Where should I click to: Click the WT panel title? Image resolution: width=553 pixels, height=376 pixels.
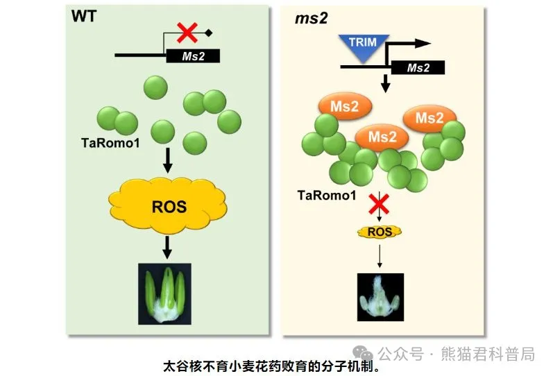84,16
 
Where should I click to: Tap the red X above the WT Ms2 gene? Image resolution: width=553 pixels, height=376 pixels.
187,32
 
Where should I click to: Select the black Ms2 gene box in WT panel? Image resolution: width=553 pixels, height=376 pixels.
193,56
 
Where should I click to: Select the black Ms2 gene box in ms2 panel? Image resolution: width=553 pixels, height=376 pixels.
418,68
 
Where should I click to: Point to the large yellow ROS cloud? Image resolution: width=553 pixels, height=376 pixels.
169,206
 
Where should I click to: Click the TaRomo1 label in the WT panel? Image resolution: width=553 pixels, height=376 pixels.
109,142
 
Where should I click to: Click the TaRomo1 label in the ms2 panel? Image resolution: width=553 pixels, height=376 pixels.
326,196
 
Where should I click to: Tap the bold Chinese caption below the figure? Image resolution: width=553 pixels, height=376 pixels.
275,365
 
